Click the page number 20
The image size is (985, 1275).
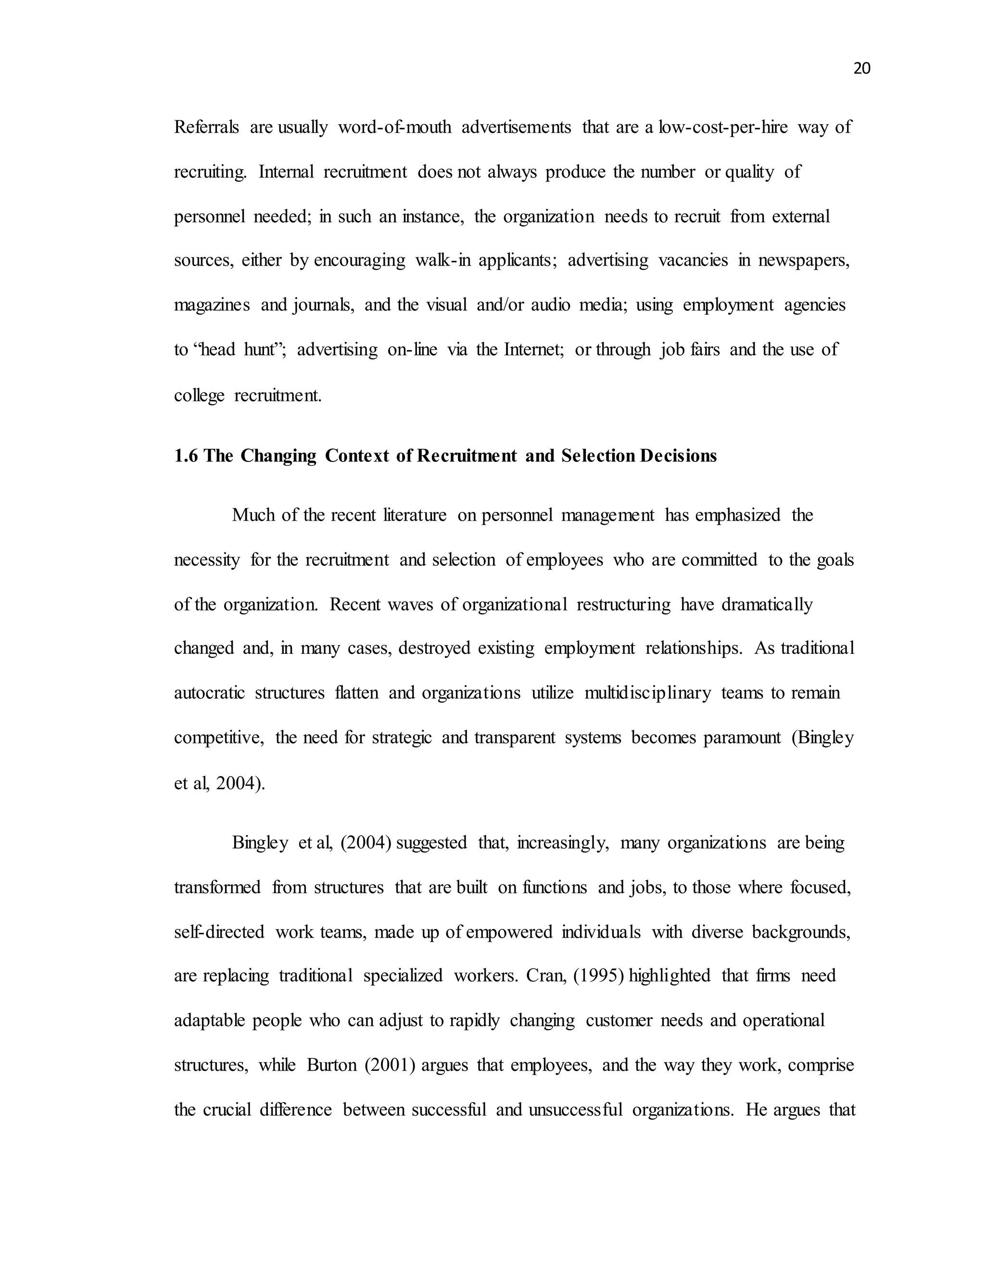(861, 69)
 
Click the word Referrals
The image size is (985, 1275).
(206, 127)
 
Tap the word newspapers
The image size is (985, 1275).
(804, 260)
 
